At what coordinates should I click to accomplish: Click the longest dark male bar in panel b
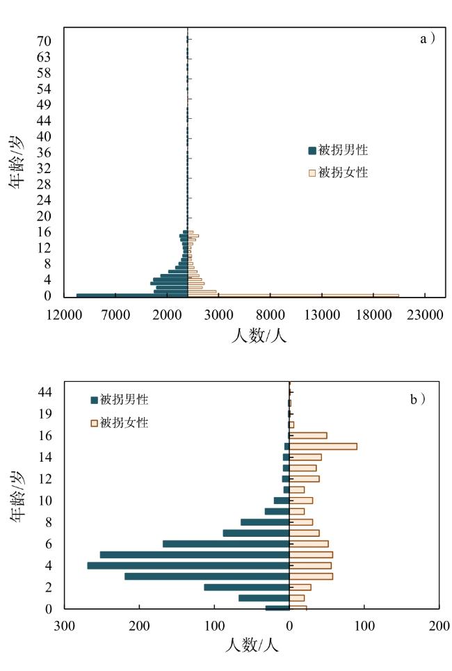188,565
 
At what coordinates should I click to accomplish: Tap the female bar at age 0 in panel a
306,296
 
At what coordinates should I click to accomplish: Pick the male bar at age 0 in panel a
132,296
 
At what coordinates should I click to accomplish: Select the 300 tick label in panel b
65,625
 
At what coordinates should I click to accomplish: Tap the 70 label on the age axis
43,41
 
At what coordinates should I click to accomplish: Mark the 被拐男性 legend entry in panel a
337,150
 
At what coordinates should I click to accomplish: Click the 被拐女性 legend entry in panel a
337,172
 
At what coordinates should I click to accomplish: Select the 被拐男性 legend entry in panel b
119,400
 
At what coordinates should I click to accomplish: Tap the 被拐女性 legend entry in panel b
119,422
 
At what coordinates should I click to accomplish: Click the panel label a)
428,40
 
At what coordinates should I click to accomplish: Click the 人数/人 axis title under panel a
258,335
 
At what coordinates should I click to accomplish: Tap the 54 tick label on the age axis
43,89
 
